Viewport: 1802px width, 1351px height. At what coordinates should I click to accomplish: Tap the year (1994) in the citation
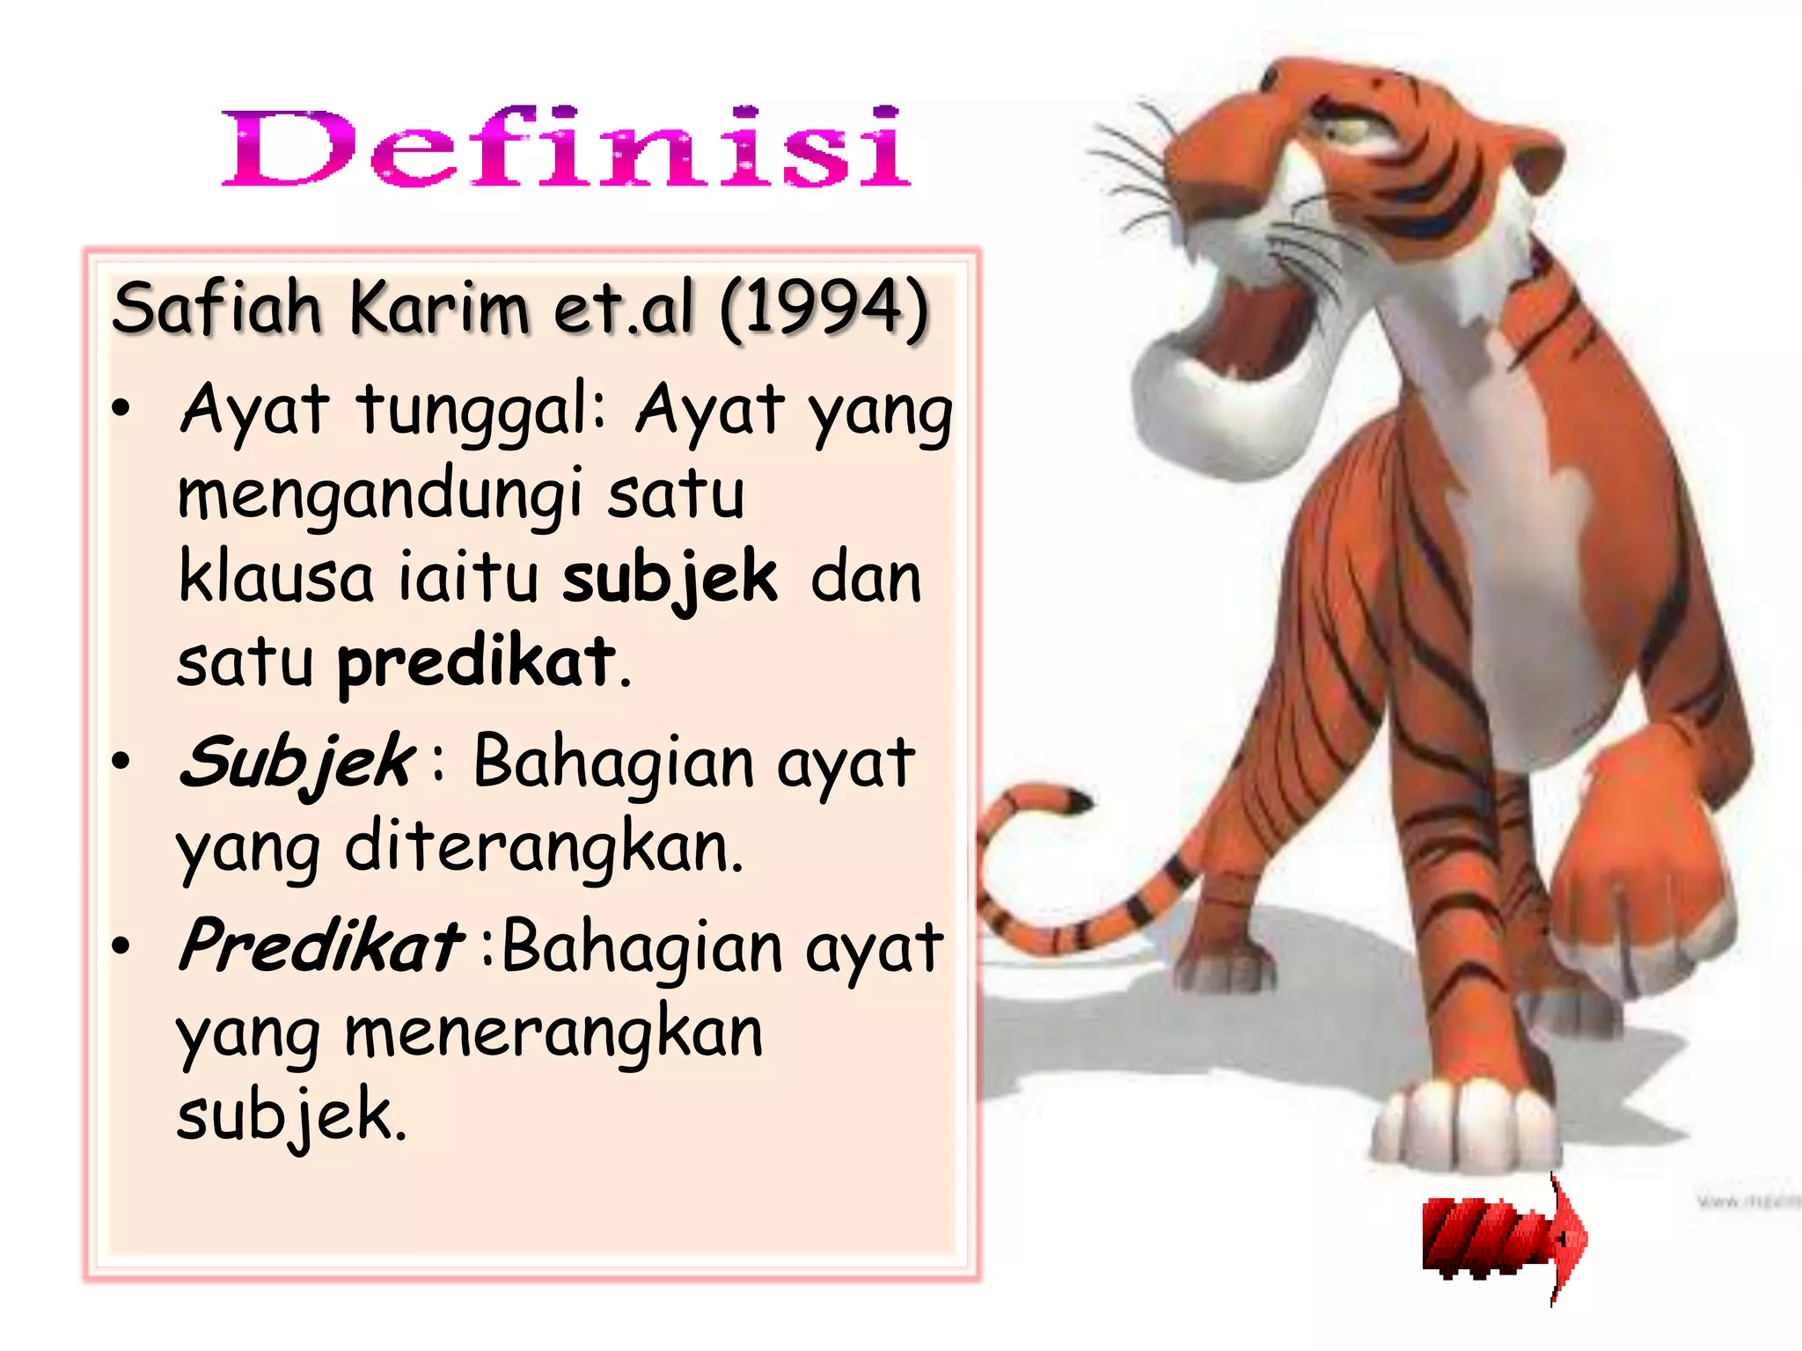click(x=824, y=308)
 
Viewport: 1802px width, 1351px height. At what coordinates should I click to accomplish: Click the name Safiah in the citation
click(x=216, y=308)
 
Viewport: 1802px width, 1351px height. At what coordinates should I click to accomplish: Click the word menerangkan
click(x=553, y=1033)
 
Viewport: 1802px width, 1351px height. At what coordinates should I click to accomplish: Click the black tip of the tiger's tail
click(x=1077, y=801)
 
